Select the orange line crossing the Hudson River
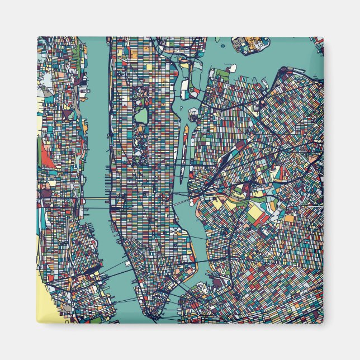98,198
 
